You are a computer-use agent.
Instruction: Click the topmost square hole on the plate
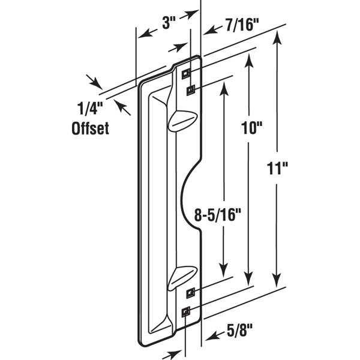[186, 71]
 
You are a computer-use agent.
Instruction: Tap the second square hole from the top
[191, 90]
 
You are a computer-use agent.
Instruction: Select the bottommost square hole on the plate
[186, 311]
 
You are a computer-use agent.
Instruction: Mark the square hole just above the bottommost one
[191, 293]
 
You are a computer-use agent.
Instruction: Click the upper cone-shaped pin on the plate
[180, 120]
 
